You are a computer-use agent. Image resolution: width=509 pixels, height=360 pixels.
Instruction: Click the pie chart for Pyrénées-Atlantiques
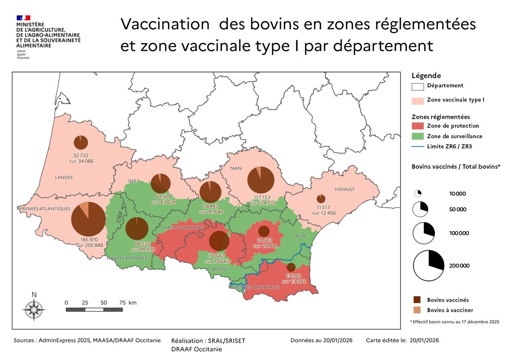click(88, 219)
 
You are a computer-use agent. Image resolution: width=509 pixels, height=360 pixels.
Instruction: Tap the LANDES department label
click(64, 177)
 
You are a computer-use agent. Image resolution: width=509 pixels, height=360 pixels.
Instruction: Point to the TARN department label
click(235, 168)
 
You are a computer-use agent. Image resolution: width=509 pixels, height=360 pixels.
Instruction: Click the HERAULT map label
click(344, 189)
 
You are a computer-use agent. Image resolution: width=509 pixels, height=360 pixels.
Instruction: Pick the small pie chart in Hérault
click(321, 198)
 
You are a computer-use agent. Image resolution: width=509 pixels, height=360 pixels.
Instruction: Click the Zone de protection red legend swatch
click(418, 126)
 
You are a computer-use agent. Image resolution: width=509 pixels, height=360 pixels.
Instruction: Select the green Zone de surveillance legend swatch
click(418, 137)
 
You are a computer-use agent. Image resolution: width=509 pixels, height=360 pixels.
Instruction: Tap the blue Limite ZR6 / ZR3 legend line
click(418, 147)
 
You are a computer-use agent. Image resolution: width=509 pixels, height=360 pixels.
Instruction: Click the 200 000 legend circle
click(429, 266)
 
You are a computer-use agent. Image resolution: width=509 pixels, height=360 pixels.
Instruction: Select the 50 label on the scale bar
click(104, 303)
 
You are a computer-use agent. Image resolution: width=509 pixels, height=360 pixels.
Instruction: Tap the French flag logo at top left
click(24, 18)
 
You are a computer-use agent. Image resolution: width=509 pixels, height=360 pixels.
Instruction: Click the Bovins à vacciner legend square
click(418, 310)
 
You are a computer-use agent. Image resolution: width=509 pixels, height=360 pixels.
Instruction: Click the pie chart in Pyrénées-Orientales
click(291, 267)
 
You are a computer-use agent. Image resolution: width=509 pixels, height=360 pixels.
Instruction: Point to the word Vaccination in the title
click(165, 24)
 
